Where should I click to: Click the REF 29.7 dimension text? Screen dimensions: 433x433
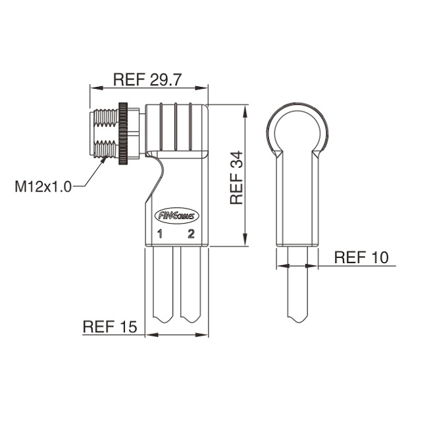point(147,80)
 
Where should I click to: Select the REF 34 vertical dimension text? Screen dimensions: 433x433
point(236,178)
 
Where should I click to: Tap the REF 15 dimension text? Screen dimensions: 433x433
point(110,326)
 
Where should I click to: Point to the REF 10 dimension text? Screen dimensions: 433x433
point(361,257)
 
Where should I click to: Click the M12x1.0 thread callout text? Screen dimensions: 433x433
point(43,186)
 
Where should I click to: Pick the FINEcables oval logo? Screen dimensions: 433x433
point(177,216)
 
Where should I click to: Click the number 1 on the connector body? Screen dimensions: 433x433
point(160,234)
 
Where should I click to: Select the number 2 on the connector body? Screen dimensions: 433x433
point(191,234)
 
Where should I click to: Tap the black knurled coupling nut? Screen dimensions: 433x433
point(123,134)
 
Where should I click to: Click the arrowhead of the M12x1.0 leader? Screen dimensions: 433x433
point(104,161)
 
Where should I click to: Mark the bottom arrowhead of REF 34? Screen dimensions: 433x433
point(245,240)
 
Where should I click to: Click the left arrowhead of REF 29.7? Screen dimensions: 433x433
point(96,88)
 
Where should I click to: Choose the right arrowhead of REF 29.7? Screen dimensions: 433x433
point(201,88)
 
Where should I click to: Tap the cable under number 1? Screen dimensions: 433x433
point(163,284)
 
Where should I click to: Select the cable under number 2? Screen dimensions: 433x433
point(190,284)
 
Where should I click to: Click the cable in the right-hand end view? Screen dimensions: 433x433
point(297,284)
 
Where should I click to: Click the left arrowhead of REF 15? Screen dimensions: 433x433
point(151,335)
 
